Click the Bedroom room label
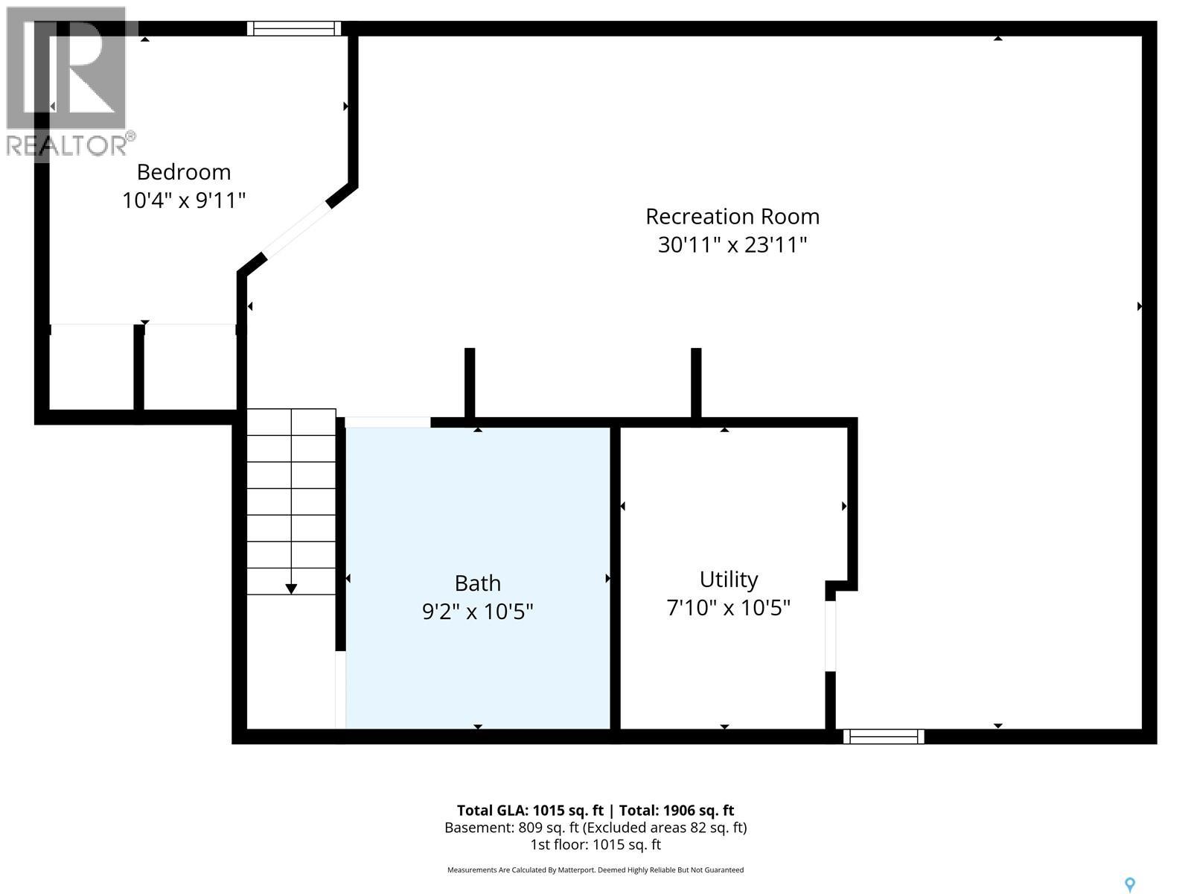[183, 172]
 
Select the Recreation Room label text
[732, 217]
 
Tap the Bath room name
[477, 583]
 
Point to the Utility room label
[728, 580]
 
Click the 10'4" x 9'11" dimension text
[183, 200]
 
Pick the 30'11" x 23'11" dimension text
[732, 245]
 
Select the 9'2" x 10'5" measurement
[477, 612]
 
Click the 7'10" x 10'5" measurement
[728, 607]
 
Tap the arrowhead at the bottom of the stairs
[291, 589]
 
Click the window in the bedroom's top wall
[293, 28]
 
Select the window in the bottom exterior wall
[884, 737]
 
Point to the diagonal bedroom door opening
[296, 229]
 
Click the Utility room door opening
[830, 636]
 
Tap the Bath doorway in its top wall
[388, 422]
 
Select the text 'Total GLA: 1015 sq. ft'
[529, 811]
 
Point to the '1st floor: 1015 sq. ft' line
[595, 845]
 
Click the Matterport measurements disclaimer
[595, 870]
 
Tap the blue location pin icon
[1130, 885]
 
